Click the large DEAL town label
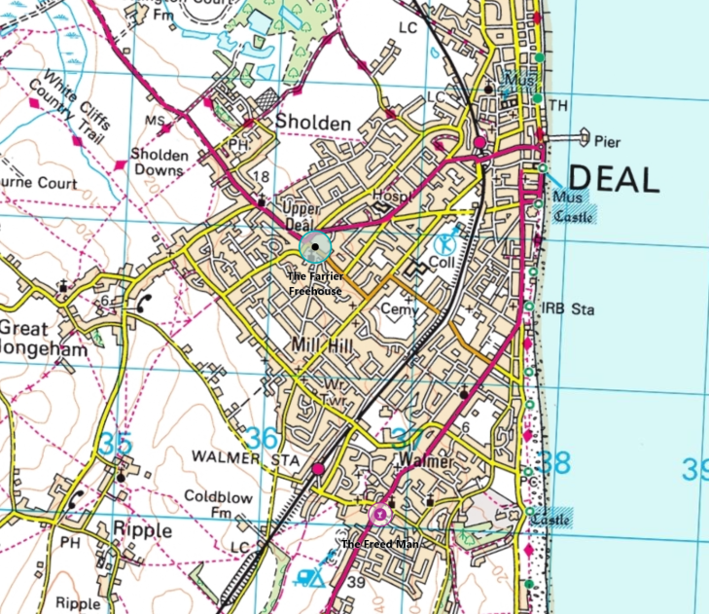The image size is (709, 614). (x=613, y=178)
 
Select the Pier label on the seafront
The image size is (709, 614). (x=607, y=142)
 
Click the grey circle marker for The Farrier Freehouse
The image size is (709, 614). (x=315, y=247)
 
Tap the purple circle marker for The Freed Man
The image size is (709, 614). (x=380, y=513)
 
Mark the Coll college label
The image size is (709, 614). (x=443, y=264)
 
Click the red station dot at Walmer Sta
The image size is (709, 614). (x=318, y=470)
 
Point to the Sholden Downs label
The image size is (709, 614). (x=159, y=163)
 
